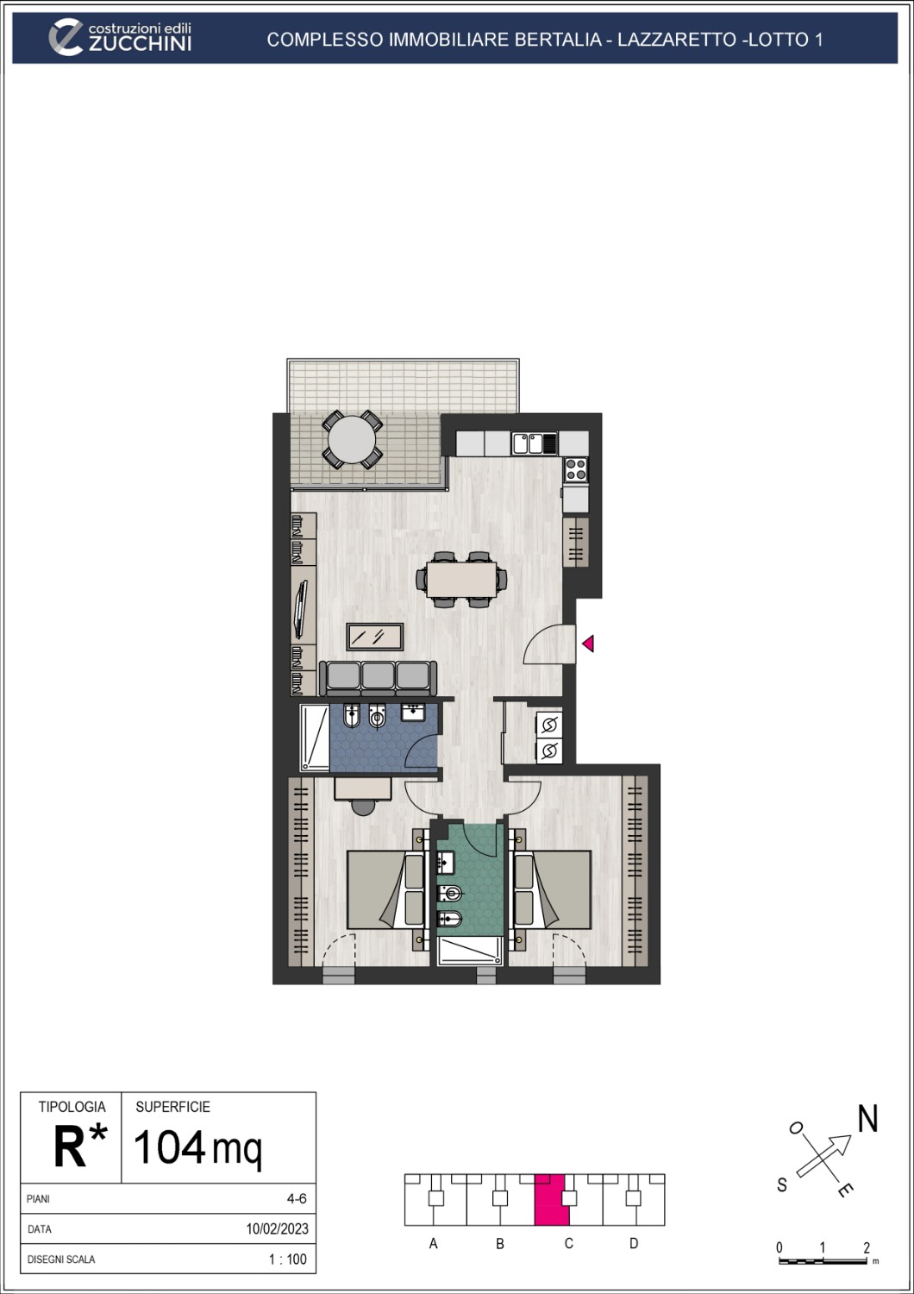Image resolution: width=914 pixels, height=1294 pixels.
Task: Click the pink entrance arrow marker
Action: (588, 644)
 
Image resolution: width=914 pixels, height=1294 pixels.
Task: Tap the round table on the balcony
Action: (351, 440)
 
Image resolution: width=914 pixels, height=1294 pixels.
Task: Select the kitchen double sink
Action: (535, 443)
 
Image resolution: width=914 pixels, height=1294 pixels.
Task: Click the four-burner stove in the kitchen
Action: (576, 470)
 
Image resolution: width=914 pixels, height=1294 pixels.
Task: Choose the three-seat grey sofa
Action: (378, 678)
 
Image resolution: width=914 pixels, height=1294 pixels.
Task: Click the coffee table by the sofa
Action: (375, 637)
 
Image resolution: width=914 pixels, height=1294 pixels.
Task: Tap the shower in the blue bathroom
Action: (315, 738)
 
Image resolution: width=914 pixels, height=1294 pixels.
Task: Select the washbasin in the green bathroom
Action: (446, 862)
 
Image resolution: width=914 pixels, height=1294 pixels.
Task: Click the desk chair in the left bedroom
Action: (364, 806)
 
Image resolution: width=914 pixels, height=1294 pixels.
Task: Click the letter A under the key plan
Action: (434, 1243)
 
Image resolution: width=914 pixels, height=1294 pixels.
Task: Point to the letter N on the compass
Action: (867, 1119)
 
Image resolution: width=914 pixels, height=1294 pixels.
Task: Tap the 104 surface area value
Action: (170, 1147)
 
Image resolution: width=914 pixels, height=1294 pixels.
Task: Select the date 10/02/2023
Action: (277, 1229)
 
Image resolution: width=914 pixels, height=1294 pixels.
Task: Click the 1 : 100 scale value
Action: (287, 1259)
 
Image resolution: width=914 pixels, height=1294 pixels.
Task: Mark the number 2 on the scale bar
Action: (867, 1248)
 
